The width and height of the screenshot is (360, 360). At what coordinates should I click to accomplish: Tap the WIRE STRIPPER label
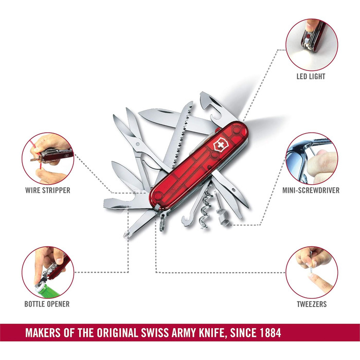48,190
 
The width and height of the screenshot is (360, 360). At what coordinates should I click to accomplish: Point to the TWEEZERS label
312,303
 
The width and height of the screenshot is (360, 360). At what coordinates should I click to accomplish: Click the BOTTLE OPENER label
47,303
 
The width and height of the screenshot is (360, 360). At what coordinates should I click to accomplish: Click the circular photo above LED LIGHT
312,43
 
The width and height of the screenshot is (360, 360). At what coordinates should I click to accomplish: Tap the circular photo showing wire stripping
48,158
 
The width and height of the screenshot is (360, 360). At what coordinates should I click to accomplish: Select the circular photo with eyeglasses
312,158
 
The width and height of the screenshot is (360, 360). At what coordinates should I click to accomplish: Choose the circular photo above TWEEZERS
312,272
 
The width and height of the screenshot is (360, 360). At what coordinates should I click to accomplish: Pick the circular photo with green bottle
48,272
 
